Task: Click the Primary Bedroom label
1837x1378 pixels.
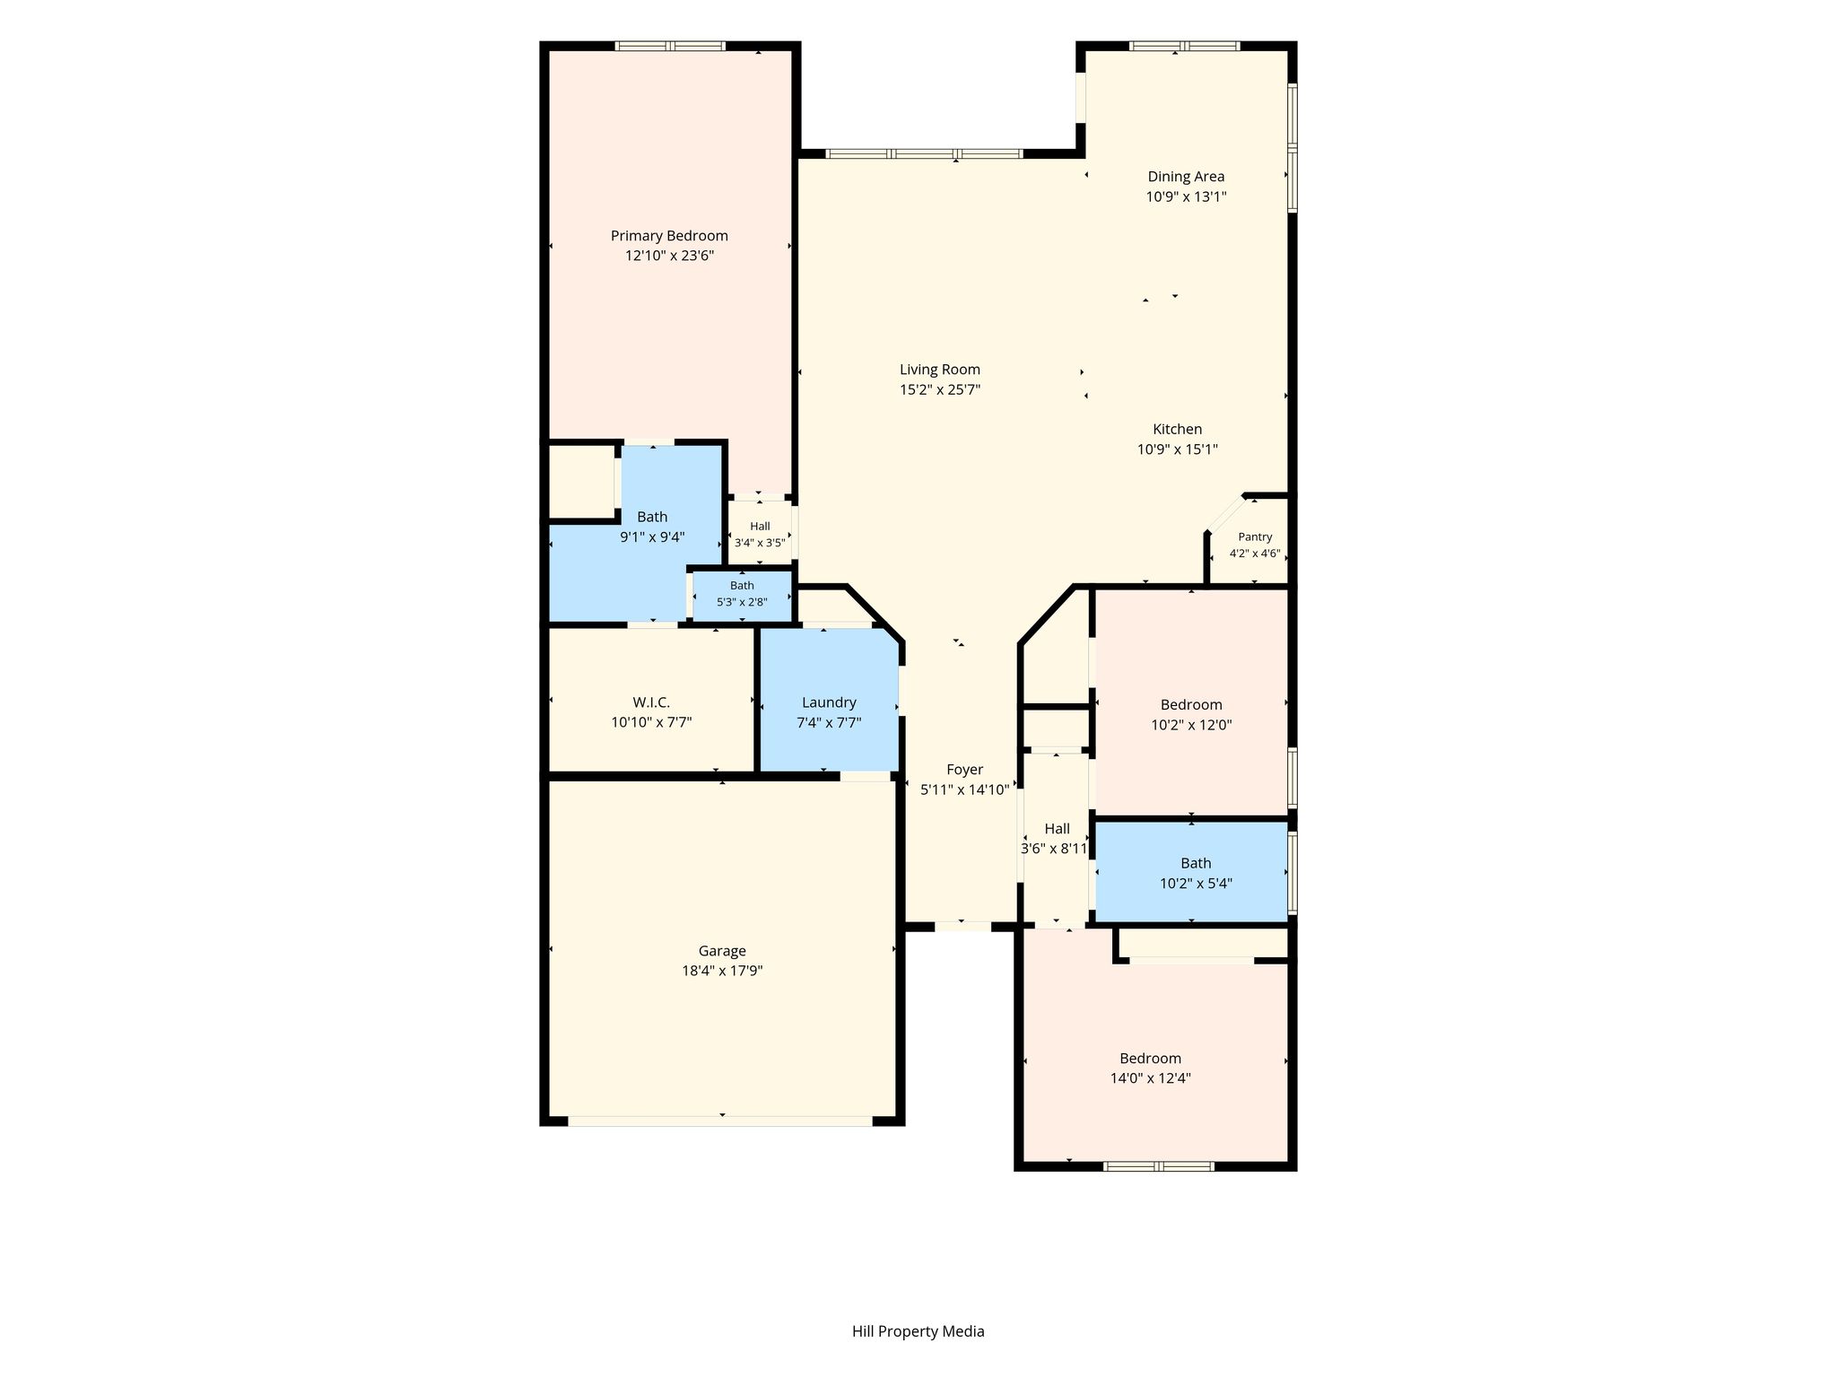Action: tap(669, 236)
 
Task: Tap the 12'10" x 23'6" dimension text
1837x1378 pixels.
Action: tap(669, 256)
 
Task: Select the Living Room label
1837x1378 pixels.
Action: tap(940, 370)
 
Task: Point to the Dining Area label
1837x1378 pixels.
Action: tap(1186, 177)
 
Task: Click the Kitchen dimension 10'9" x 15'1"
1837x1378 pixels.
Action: tap(1178, 449)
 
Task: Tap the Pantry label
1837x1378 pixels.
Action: tap(1255, 536)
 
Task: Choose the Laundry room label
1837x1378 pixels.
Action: tap(829, 702)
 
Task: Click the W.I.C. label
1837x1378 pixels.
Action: tap(651, 702)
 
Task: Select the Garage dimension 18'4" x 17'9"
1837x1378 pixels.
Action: tap(722, 971)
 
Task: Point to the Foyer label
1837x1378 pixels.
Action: tap(965, 770)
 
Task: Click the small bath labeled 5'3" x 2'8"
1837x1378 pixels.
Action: tap(742, 594)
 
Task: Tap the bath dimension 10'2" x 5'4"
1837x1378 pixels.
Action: tap(1196, 884)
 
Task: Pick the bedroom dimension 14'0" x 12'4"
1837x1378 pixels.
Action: tap(1151, 1078)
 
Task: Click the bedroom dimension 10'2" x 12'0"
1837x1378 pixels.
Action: tap(1191, 725)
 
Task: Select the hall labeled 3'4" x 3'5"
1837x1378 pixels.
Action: tap(760, 535)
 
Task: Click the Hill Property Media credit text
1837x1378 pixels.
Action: tap(918, 1331)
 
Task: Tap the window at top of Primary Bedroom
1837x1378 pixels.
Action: tap(670, 46)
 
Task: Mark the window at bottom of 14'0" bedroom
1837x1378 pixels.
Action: tap(1158, 1166)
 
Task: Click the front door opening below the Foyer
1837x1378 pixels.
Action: tap(963, 927)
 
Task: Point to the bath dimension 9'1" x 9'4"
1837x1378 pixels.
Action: tap(652, 537)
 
